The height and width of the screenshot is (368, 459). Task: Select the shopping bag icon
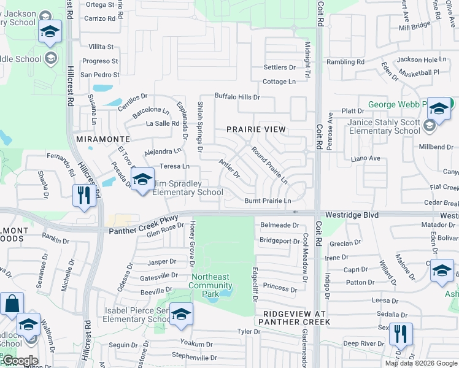click(12, 304)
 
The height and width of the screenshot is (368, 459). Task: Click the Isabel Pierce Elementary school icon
click(180, 314)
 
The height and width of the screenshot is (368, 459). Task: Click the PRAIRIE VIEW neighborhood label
click(256, 129)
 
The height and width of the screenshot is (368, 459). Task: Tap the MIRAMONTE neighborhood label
click(102, 140)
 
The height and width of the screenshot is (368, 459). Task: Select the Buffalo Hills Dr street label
click(237, 97)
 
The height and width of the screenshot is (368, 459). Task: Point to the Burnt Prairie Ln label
click(268, 201)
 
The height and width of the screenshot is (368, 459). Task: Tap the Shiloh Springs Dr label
click(200, 126)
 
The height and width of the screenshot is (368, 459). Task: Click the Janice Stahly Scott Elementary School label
click(384, 126)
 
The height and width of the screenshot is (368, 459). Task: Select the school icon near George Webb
click(439, 109)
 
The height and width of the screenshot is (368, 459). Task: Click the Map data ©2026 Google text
click(420, 363)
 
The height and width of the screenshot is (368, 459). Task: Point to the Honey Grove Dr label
click(193, 244)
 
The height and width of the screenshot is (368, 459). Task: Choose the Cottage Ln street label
click(279, 82)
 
